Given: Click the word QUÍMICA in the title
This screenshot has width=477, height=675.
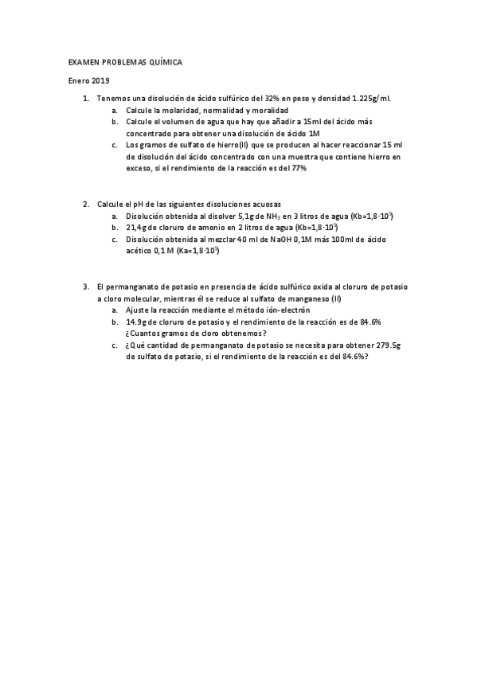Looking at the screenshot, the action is [x=166, y=61].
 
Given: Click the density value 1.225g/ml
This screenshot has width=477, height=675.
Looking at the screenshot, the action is [x=370, y=98].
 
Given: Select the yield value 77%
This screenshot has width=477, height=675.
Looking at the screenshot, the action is [x=299, y=168].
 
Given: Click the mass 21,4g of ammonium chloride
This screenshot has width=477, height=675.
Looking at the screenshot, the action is [x=137, y=228].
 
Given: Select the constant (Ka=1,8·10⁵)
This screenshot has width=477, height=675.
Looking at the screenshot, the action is [x=192, y=252].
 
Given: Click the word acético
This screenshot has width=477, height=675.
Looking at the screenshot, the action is [x=141, y=252].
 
